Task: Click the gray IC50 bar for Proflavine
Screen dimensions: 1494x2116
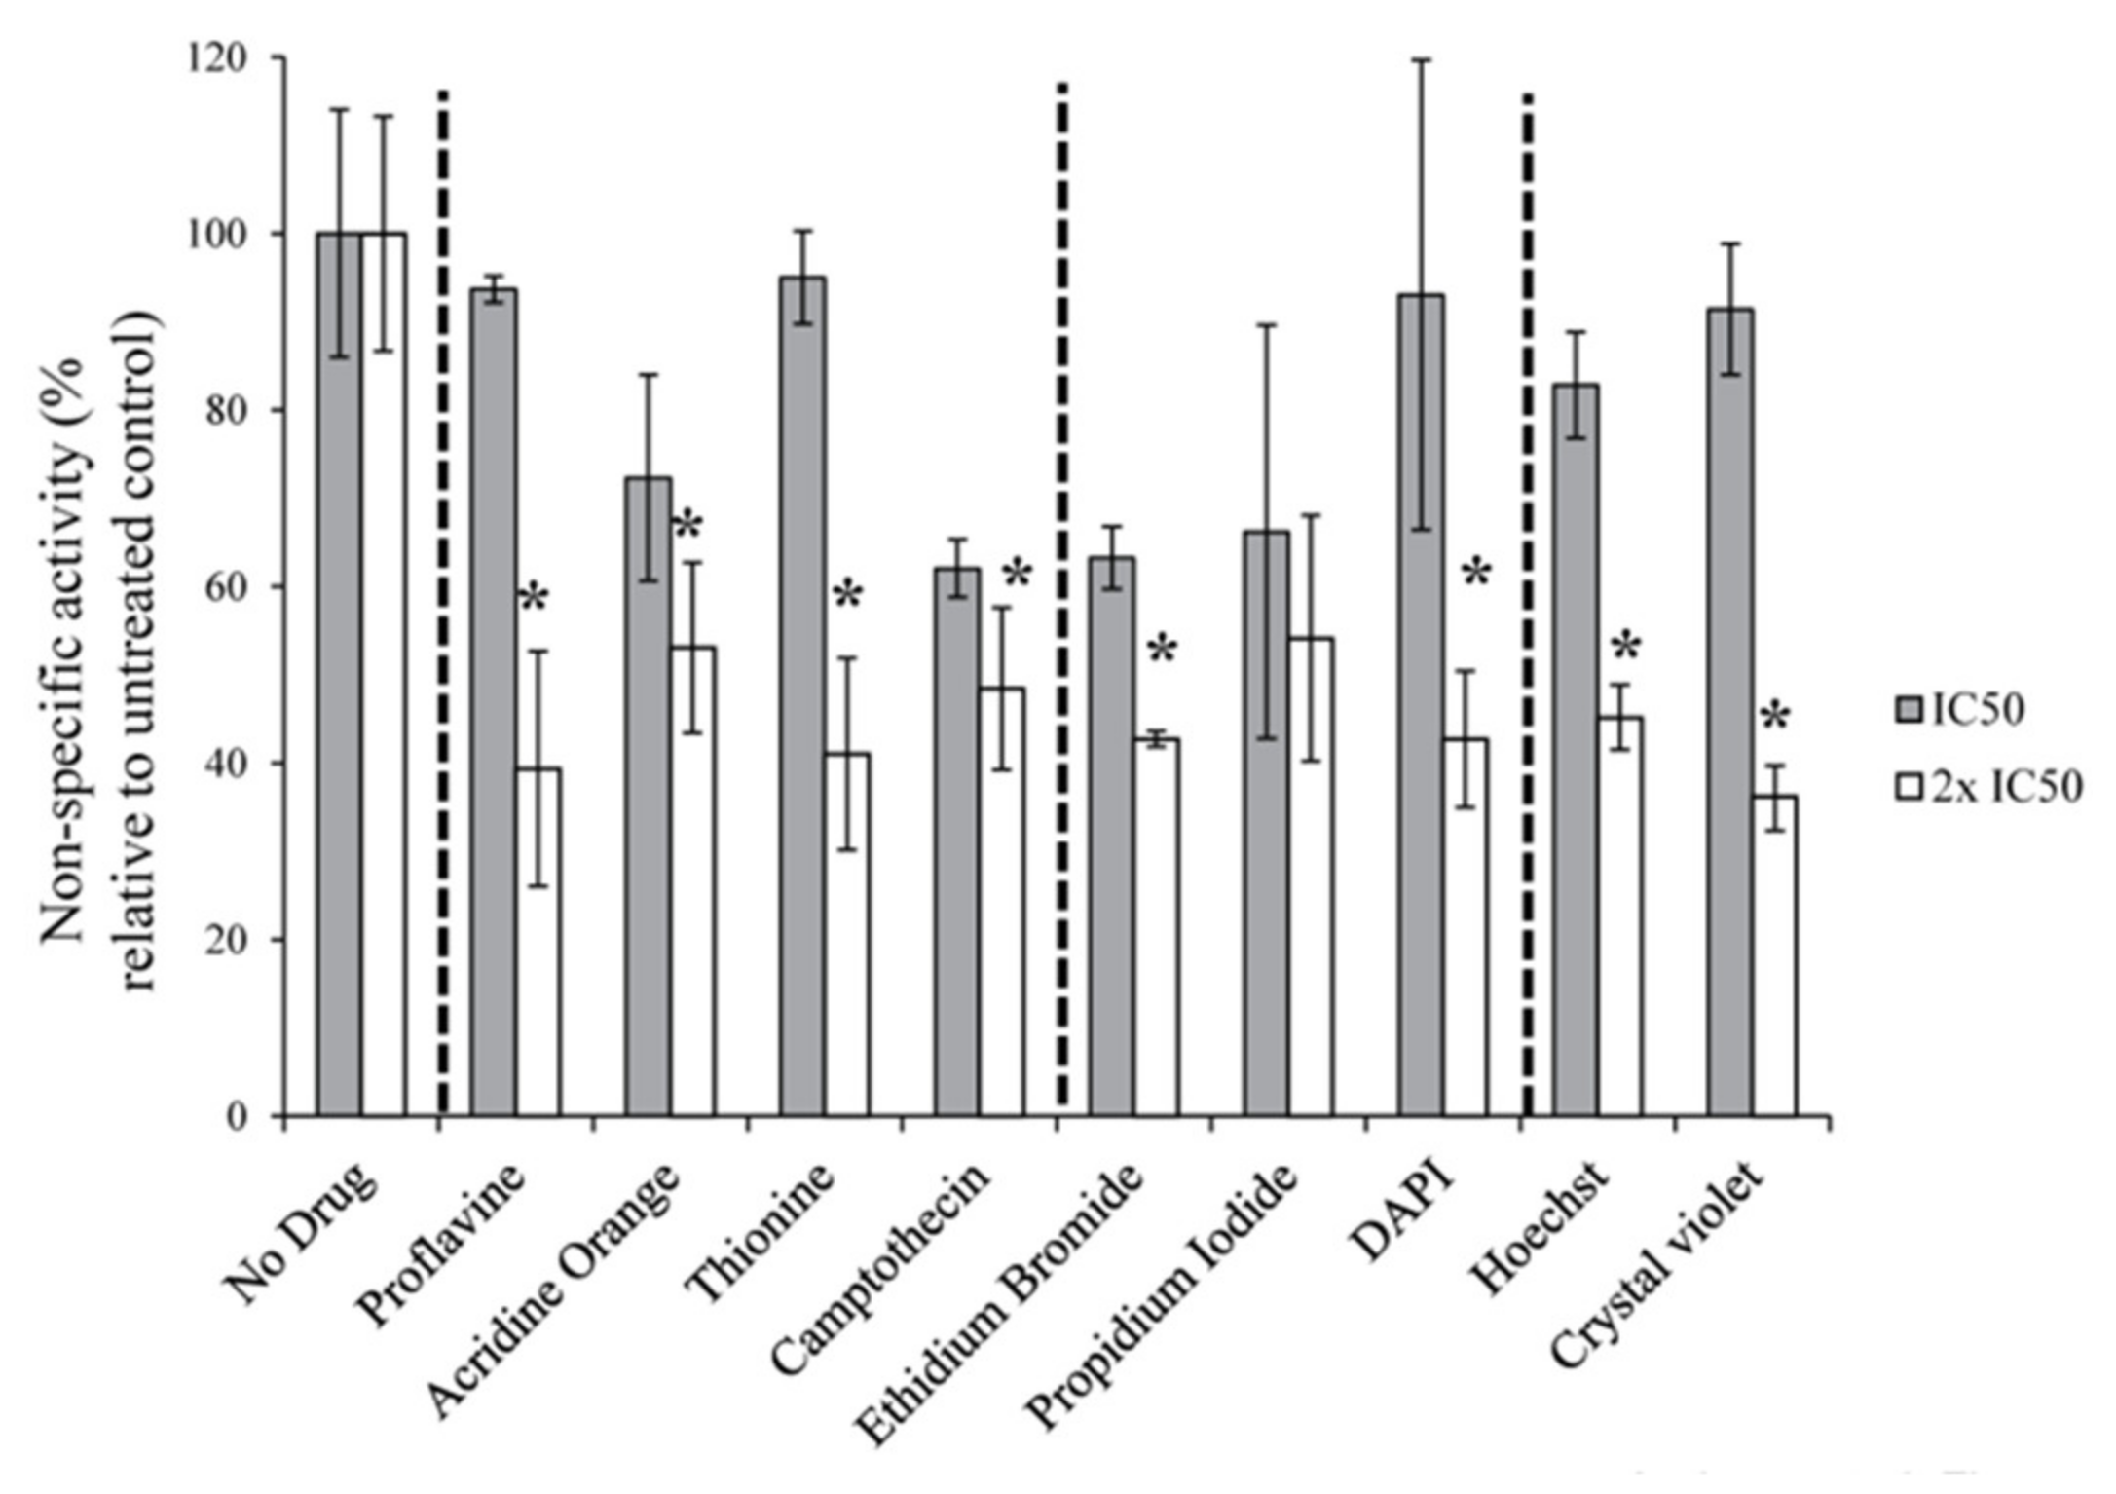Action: tap(494, 701)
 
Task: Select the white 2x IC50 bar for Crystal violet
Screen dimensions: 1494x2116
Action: tap(1774, 954)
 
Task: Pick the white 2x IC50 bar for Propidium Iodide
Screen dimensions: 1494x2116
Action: tap(1310, 877)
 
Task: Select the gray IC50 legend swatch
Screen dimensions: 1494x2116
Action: tap(1911, 712)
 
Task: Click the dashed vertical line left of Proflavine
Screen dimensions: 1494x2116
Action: tap(443, 604)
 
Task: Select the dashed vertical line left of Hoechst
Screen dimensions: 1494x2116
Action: tap(1527, 604)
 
